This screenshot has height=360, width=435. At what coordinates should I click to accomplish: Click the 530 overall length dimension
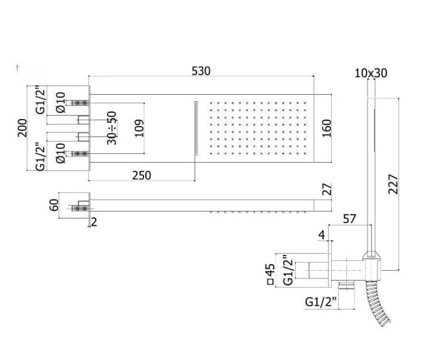click(x=201, y=71)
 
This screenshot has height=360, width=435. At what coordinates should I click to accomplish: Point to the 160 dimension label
click(x=326, y=128)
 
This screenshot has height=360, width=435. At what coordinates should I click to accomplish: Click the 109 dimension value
click(x=140, y=128)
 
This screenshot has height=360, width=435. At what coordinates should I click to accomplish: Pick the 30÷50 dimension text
click(x=112, y=128)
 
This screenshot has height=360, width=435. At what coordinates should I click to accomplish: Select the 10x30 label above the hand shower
click(x=371, y=72)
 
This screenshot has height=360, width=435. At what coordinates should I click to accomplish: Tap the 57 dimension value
click(x=350, y=219)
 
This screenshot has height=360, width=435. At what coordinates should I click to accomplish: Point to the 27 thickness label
click(x=326, y=190)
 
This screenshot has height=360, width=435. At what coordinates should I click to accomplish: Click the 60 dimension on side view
click(x=53, y=205)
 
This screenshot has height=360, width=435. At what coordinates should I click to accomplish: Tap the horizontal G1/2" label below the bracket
click(x=321, y=301)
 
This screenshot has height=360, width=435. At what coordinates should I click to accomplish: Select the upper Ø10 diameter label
click(x=61, y=102)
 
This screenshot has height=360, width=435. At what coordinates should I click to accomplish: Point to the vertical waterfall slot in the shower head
click(x=195, y=128)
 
